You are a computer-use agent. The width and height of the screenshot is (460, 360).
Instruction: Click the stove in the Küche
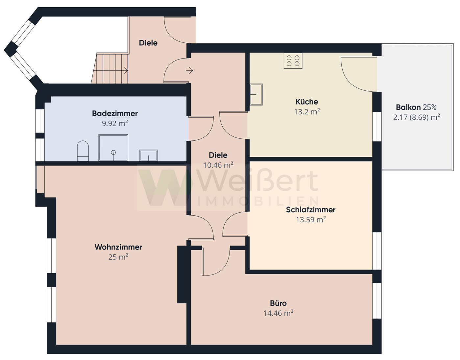coord(293,60)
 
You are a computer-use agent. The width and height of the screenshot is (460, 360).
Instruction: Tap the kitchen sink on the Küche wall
coord(256,94)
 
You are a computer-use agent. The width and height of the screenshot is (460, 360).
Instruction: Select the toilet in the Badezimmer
coord(83,151)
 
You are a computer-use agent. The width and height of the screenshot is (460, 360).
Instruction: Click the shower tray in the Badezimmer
coord(113,148)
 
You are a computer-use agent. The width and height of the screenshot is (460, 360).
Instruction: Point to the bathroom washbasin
coord(148,156)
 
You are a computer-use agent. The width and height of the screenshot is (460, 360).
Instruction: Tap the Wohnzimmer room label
coord(118,247)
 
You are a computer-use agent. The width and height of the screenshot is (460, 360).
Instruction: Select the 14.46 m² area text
coord(278,313)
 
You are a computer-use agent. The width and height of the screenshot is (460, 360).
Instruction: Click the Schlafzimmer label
coord(310,210)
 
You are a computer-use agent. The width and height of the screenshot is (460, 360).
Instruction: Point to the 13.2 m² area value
coord(307,111)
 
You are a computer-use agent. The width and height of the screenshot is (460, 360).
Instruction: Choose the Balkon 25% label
coord(416,107)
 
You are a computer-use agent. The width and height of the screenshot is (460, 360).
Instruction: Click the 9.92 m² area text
coord(115,123)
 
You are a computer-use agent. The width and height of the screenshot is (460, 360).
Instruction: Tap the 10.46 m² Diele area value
coord(218,165)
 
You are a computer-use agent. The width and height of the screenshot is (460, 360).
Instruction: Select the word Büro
coord(278,303)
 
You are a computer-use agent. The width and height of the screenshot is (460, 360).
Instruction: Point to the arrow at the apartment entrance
coord(189,70)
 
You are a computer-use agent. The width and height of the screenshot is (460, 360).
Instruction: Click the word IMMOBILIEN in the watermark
coord(258,201)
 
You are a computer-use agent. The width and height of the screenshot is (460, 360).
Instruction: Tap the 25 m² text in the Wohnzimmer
coord(118,257)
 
